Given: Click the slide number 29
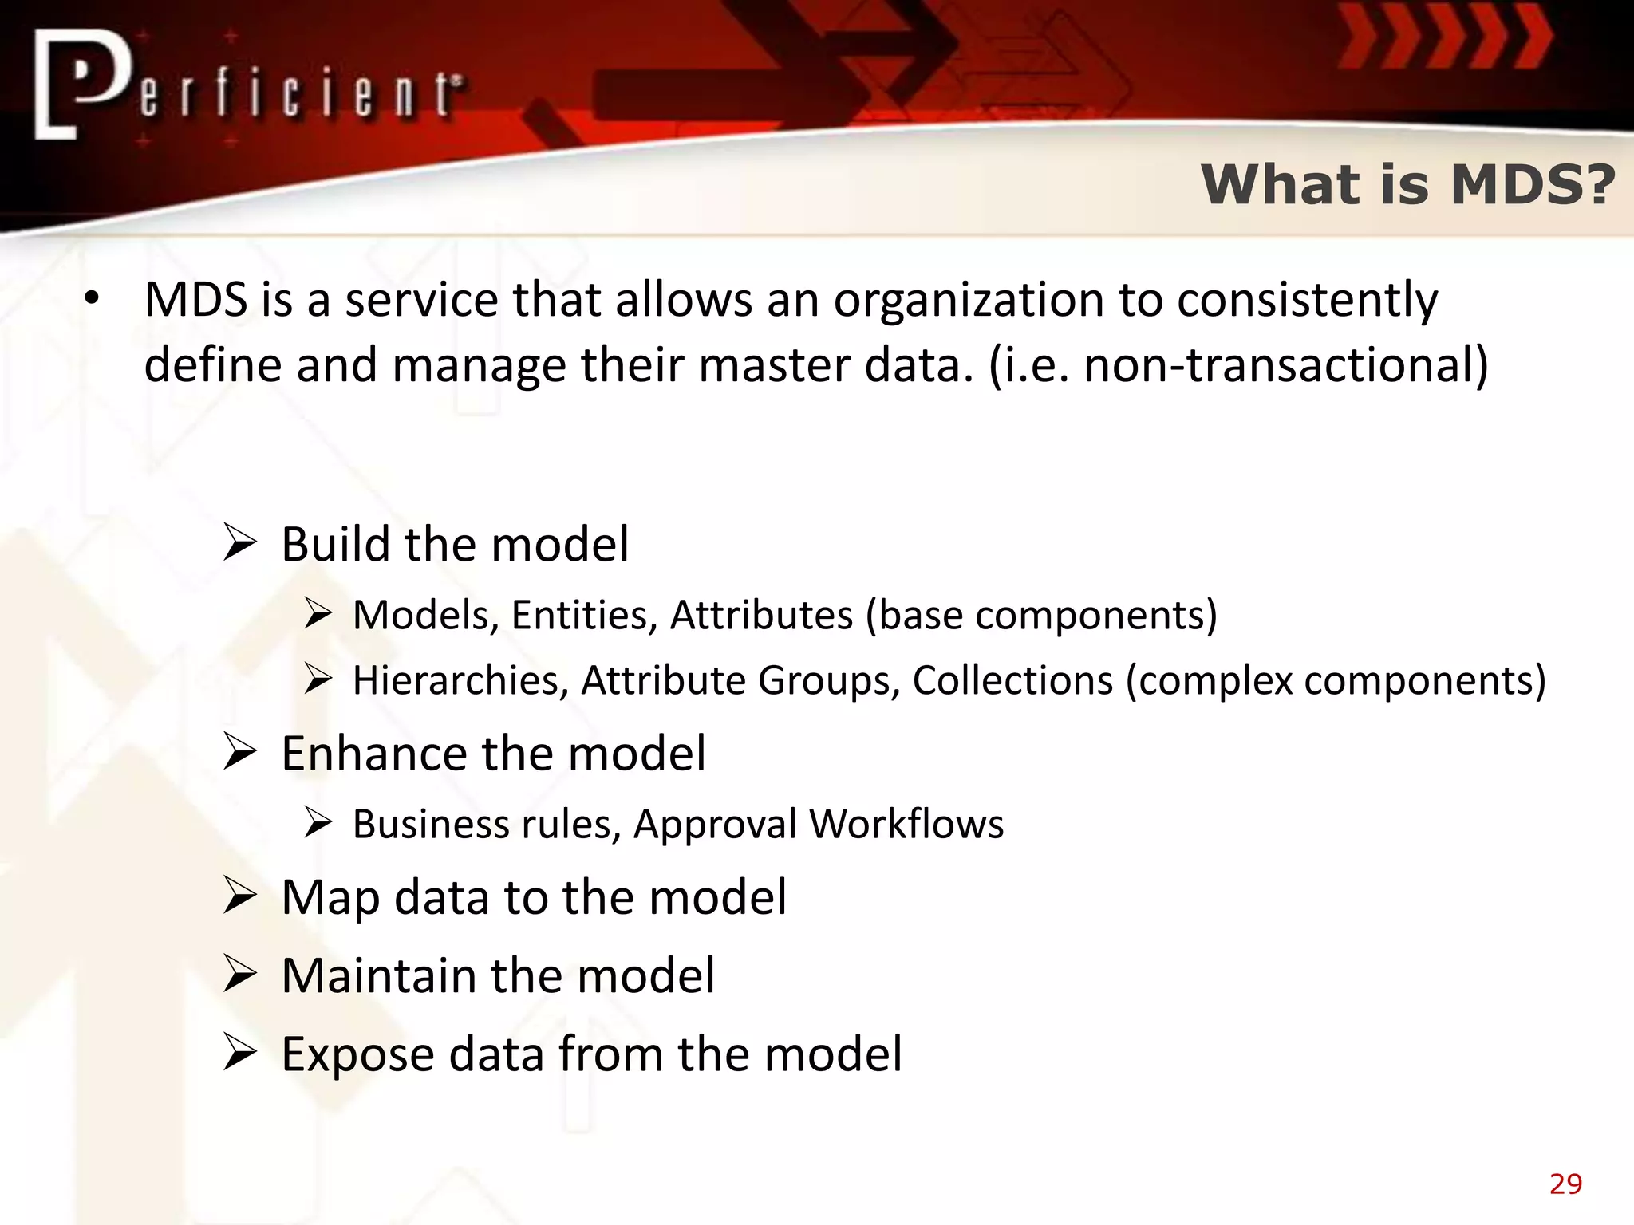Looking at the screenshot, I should point(1565,1184).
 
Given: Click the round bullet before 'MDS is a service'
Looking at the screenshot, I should point(92,299).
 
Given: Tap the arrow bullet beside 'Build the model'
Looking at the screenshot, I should point(239,543).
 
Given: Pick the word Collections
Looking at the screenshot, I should point(1012,680).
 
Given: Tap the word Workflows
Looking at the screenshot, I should point(906,824).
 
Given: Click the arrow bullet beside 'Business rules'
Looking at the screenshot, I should point(318,823).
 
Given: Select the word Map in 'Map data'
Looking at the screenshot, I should point(330,898).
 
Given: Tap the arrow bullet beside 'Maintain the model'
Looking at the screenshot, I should point(239,975).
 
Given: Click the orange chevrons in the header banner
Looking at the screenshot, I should point(1444,38).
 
